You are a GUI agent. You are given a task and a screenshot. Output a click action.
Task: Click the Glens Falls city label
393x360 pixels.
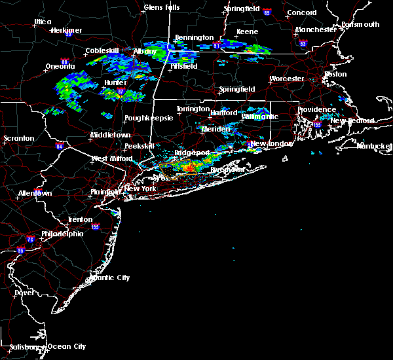(x=162, y=7)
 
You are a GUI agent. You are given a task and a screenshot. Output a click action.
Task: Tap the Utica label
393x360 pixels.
(x=43, y=22)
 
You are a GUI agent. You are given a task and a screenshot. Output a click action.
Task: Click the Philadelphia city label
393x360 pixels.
(x=62, y=234)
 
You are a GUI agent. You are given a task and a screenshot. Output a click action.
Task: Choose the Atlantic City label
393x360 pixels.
(x=109, y=278)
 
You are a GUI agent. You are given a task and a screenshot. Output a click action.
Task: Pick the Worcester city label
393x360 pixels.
(x=287, y=79)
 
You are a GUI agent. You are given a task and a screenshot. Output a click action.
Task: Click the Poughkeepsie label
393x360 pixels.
(x=145, y=118)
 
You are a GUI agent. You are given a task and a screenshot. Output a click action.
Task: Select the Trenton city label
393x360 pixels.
(x=79, y=219)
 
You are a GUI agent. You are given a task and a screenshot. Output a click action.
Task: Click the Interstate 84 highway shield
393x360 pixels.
(x=59, y=146)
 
